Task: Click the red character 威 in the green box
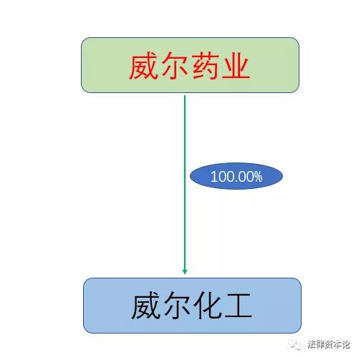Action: pyautogui.click(x=143, y=66)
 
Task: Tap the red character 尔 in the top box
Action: pyautogui.click(x=174, y=66)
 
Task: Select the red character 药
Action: pyautogui.click(x=206, y=66)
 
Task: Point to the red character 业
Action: pyautogui.click(x=236, y=66)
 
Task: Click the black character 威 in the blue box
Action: pyautogui.click(x=145, y=306)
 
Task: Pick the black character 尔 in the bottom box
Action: pyautogui.click(x=176, y=306)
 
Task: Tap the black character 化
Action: pyautogui.click(x=208, y=306)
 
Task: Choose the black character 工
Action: pyautogui.click(x=239, y=306)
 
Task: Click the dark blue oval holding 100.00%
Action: pyautogui.click(x=236, y=176)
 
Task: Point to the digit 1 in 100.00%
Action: pyautogui.click(x=213, y=177)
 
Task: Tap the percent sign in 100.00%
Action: pyautogui.click(x=258, y=177)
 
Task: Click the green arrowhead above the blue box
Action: pyautogui.click(x=185, y=272)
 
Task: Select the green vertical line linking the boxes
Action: pyautogui.click(x=185, y=185)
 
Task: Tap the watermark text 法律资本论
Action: pyautogui.click(x=329, y=344)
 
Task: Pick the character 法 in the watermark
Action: pyautogui.click(x=312, y=344)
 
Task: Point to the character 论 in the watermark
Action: pyautogui.click(x=345, y=344)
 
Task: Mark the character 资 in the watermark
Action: pyautogui.click(x=329, y=344)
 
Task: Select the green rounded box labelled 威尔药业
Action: pyautogui.click(x=190, y=65)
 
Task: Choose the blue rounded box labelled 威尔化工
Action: pyautogui.click(x=192, y=306)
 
